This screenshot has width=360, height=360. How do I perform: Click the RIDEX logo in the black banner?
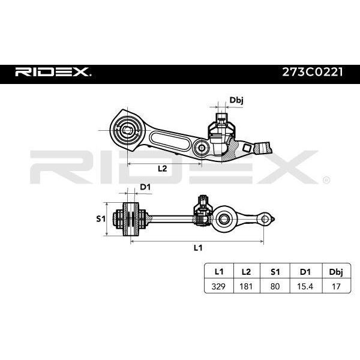click(53, 72)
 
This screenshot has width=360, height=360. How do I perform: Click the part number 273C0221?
click(312, 72)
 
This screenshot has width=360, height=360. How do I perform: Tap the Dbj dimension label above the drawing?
click(236, 100)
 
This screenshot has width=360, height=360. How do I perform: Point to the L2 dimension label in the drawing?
click(163, 169)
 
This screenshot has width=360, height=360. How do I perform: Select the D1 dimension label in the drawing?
click(145, 187)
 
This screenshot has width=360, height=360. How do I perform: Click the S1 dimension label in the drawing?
click(101, 219)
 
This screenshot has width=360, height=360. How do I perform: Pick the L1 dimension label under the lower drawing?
click(198, 248)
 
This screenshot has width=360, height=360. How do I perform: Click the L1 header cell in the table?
click(219, 272)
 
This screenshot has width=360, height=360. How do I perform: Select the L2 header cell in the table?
click(247, 272)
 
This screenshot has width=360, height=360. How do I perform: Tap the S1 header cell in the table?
click(275, 272)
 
